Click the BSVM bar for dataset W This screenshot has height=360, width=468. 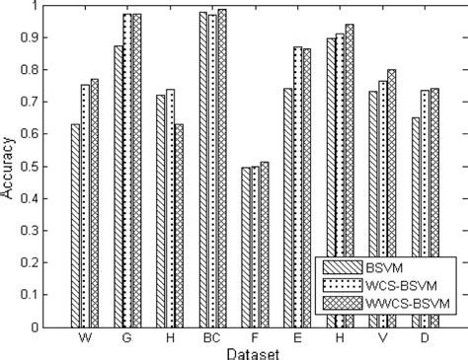(76, 226)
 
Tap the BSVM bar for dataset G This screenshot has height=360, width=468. (118, 186)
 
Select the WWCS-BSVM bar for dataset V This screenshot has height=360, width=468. (392, 198)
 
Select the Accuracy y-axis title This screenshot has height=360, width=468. (11, 167)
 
